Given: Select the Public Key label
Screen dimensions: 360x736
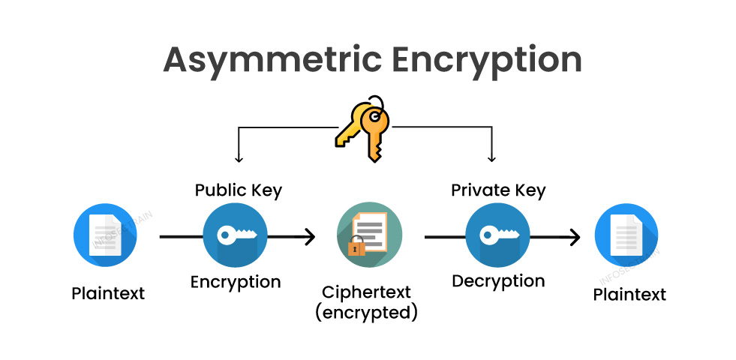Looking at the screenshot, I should coord(238,190).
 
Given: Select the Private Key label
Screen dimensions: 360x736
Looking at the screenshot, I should coord(498,190).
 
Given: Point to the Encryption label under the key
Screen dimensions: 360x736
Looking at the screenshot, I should coord(235,282).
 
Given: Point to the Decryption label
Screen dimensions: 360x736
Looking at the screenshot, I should coord(498,282).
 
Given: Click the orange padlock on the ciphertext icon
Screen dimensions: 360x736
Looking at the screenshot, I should coord(356,247).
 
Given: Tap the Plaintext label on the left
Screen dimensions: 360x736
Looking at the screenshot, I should coord(108,293).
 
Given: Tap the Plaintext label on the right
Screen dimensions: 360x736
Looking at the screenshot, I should coord(629,295).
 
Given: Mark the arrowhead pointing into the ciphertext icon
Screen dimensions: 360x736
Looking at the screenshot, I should coord(308,237).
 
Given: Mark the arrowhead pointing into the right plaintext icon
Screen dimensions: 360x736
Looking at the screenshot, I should coord(574,238).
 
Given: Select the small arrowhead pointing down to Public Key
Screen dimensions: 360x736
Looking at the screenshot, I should coord(238,159).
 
